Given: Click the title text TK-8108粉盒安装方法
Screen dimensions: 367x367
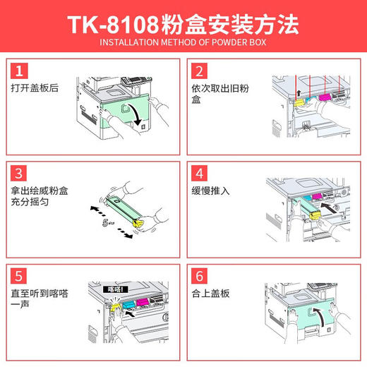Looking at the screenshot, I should pos(183,25).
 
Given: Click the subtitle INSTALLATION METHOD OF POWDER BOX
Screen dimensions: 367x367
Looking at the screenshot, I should pos(183,44).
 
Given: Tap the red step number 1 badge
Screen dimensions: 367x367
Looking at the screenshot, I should pos(21,71).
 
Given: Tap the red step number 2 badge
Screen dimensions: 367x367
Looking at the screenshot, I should pos(200,71).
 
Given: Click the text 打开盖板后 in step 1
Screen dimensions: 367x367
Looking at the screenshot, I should pos(35,90).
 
